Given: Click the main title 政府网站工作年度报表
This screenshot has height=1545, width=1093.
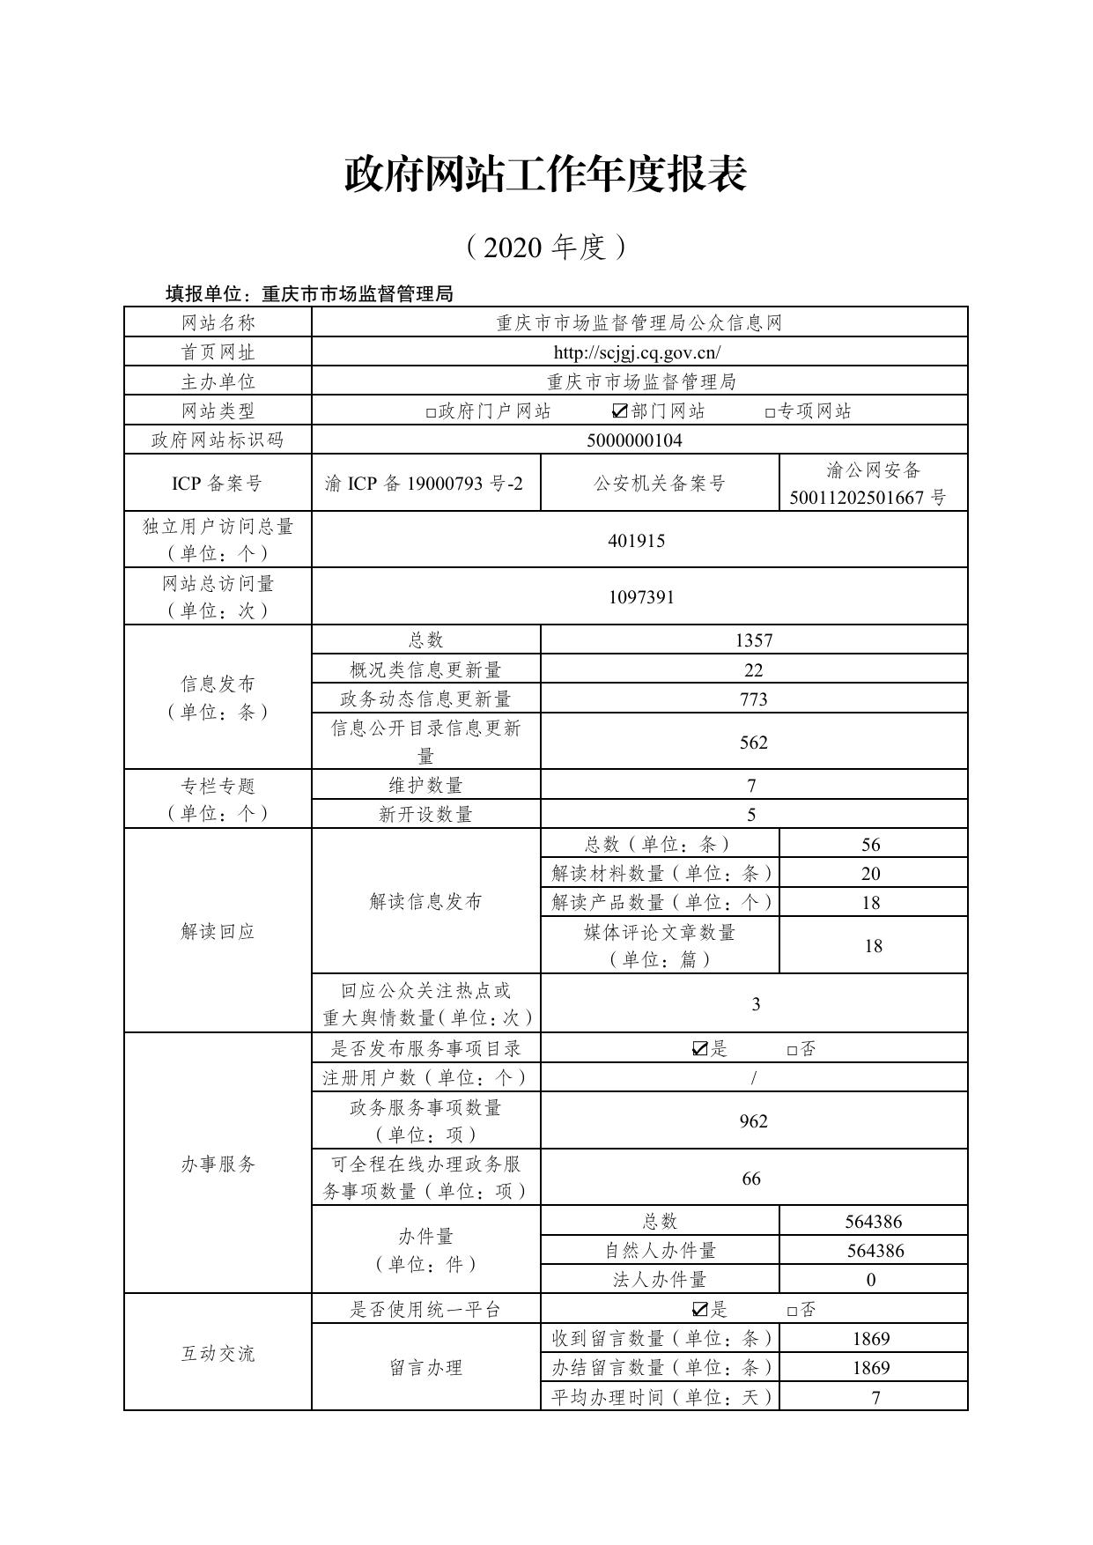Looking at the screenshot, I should click(x=545, y=174).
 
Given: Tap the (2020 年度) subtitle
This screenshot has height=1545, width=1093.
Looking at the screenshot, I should click(x=545, y=248).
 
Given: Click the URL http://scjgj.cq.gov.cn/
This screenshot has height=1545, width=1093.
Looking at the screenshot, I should click(x=637, y=352).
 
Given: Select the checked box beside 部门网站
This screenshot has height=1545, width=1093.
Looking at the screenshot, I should click(x=620, y=410).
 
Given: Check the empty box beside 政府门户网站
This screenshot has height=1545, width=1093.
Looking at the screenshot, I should click(x=431, y=411).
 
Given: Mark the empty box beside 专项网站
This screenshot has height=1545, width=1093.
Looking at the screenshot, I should click(x=770, y=411).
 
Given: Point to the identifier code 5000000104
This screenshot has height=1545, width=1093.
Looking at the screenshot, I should click(x=634, y=440).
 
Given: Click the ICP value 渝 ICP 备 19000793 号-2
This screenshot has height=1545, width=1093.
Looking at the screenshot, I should click(x=424, y=483).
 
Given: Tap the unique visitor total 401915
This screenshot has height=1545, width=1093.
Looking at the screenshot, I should click(x=637, y=540).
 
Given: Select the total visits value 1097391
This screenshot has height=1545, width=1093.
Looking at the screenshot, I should click(x=641, y=597).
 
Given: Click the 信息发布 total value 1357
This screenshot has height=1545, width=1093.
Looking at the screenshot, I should click(x=754, y=640).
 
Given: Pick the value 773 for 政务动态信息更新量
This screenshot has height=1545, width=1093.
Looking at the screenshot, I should click(x=754, y=699).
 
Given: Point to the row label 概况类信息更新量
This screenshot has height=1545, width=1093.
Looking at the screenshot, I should click(x=425, y=670).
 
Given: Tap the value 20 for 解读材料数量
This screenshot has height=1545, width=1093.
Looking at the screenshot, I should click(x=871, y=874).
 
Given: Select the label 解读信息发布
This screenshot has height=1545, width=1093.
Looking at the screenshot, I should click(x=425, y=902).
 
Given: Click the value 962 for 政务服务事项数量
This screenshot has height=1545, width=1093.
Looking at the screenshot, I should click(x=754, y=1121).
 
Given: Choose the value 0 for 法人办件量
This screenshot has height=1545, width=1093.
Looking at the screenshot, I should click(x=871, y=1280).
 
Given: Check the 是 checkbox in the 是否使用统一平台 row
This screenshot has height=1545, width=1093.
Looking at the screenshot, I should click(x=700, y=1309).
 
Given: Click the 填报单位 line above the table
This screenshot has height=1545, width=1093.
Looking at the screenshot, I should click(x=309, y=294).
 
